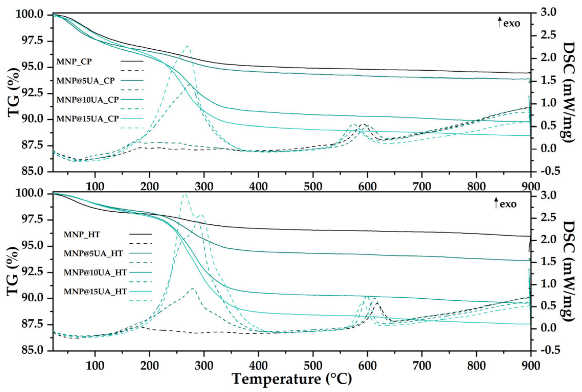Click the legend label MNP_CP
[74, 62]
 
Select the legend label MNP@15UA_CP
[87, 119]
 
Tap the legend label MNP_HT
[82, 234]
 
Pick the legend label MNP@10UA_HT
[95, 273]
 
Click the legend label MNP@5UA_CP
[85, 81]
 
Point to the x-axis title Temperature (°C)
[292, 379]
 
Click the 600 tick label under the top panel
[367, 187]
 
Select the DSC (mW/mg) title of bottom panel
[568, 271]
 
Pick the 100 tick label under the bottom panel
[95, 366]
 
